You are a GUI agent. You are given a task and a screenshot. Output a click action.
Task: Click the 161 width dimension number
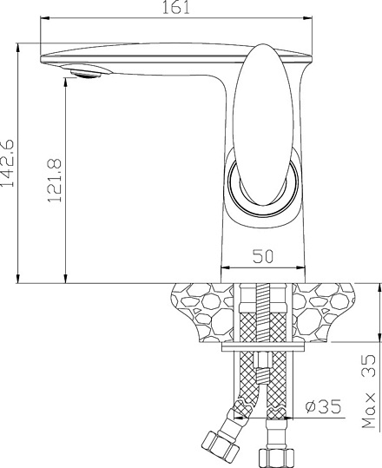[175, 10]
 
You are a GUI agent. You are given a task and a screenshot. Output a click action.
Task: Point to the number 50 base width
[263, 257]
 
